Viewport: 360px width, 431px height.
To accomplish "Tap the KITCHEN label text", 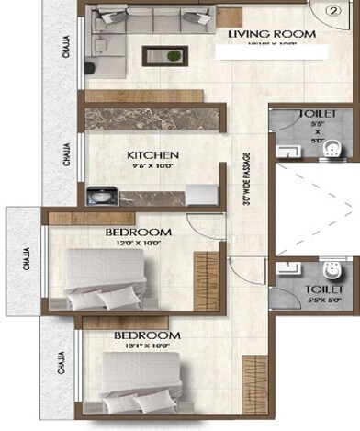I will (153, 155).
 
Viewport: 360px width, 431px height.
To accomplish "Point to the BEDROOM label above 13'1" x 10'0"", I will (147, 336).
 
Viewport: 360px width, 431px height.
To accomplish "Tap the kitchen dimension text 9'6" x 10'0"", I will (153, 168).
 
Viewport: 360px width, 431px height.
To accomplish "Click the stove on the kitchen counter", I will (99, 195).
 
